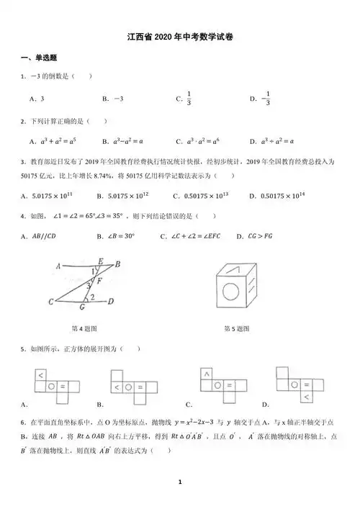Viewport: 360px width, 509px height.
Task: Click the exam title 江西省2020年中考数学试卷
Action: pos(179,37)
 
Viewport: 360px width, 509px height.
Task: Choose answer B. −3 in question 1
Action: pos(114,99)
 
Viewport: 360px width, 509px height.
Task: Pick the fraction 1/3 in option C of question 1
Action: pos(189,99)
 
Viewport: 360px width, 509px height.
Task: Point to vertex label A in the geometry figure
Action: pos(56,266)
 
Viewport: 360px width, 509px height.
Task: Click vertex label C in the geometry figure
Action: pos(50,302)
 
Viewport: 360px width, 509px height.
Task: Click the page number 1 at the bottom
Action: pos(180,482)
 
